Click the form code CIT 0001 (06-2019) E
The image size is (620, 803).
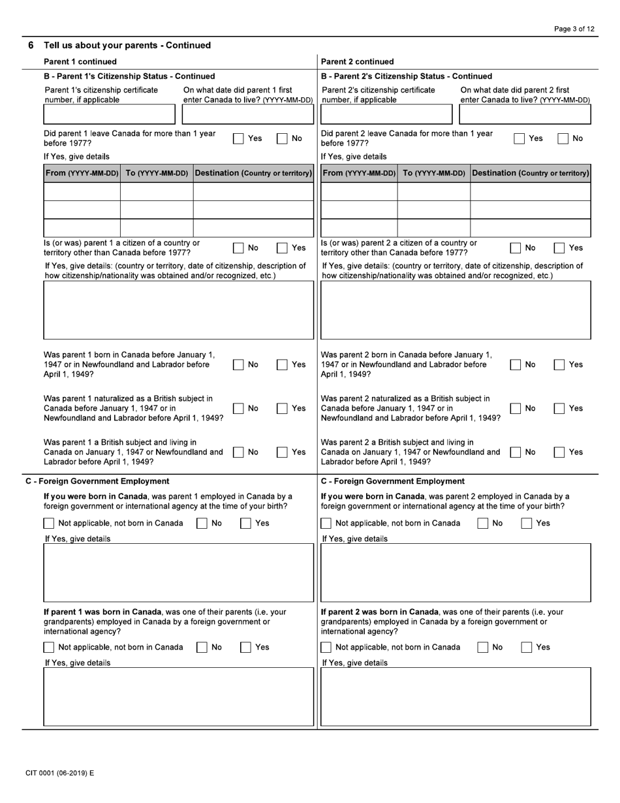point(59,773)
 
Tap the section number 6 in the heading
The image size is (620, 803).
point(31,45)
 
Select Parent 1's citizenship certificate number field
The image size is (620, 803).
point(109,114)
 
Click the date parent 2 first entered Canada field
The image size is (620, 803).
point(525,114)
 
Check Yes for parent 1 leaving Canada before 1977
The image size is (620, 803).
point(240,138)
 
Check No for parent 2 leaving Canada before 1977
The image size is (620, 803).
point(562,138)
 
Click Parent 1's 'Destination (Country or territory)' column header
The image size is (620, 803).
point(253,173)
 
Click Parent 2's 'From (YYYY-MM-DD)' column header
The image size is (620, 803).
point(359,173)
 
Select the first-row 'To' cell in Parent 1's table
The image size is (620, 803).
point(157,191)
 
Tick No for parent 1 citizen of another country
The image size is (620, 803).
point(240,248)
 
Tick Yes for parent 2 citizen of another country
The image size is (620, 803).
point(559,248)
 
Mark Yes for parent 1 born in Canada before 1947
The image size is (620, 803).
point(283,365)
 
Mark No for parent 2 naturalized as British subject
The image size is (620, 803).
point(515,409)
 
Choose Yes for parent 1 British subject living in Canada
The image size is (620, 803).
point(283,452)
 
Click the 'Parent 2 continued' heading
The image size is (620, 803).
point(358,62)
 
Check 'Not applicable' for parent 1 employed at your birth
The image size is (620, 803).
point(49,524)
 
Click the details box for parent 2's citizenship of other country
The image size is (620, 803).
point(456,309)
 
